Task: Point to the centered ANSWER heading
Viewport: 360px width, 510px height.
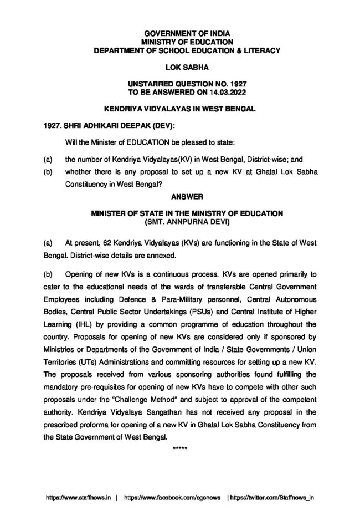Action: (x=180, y=195)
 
